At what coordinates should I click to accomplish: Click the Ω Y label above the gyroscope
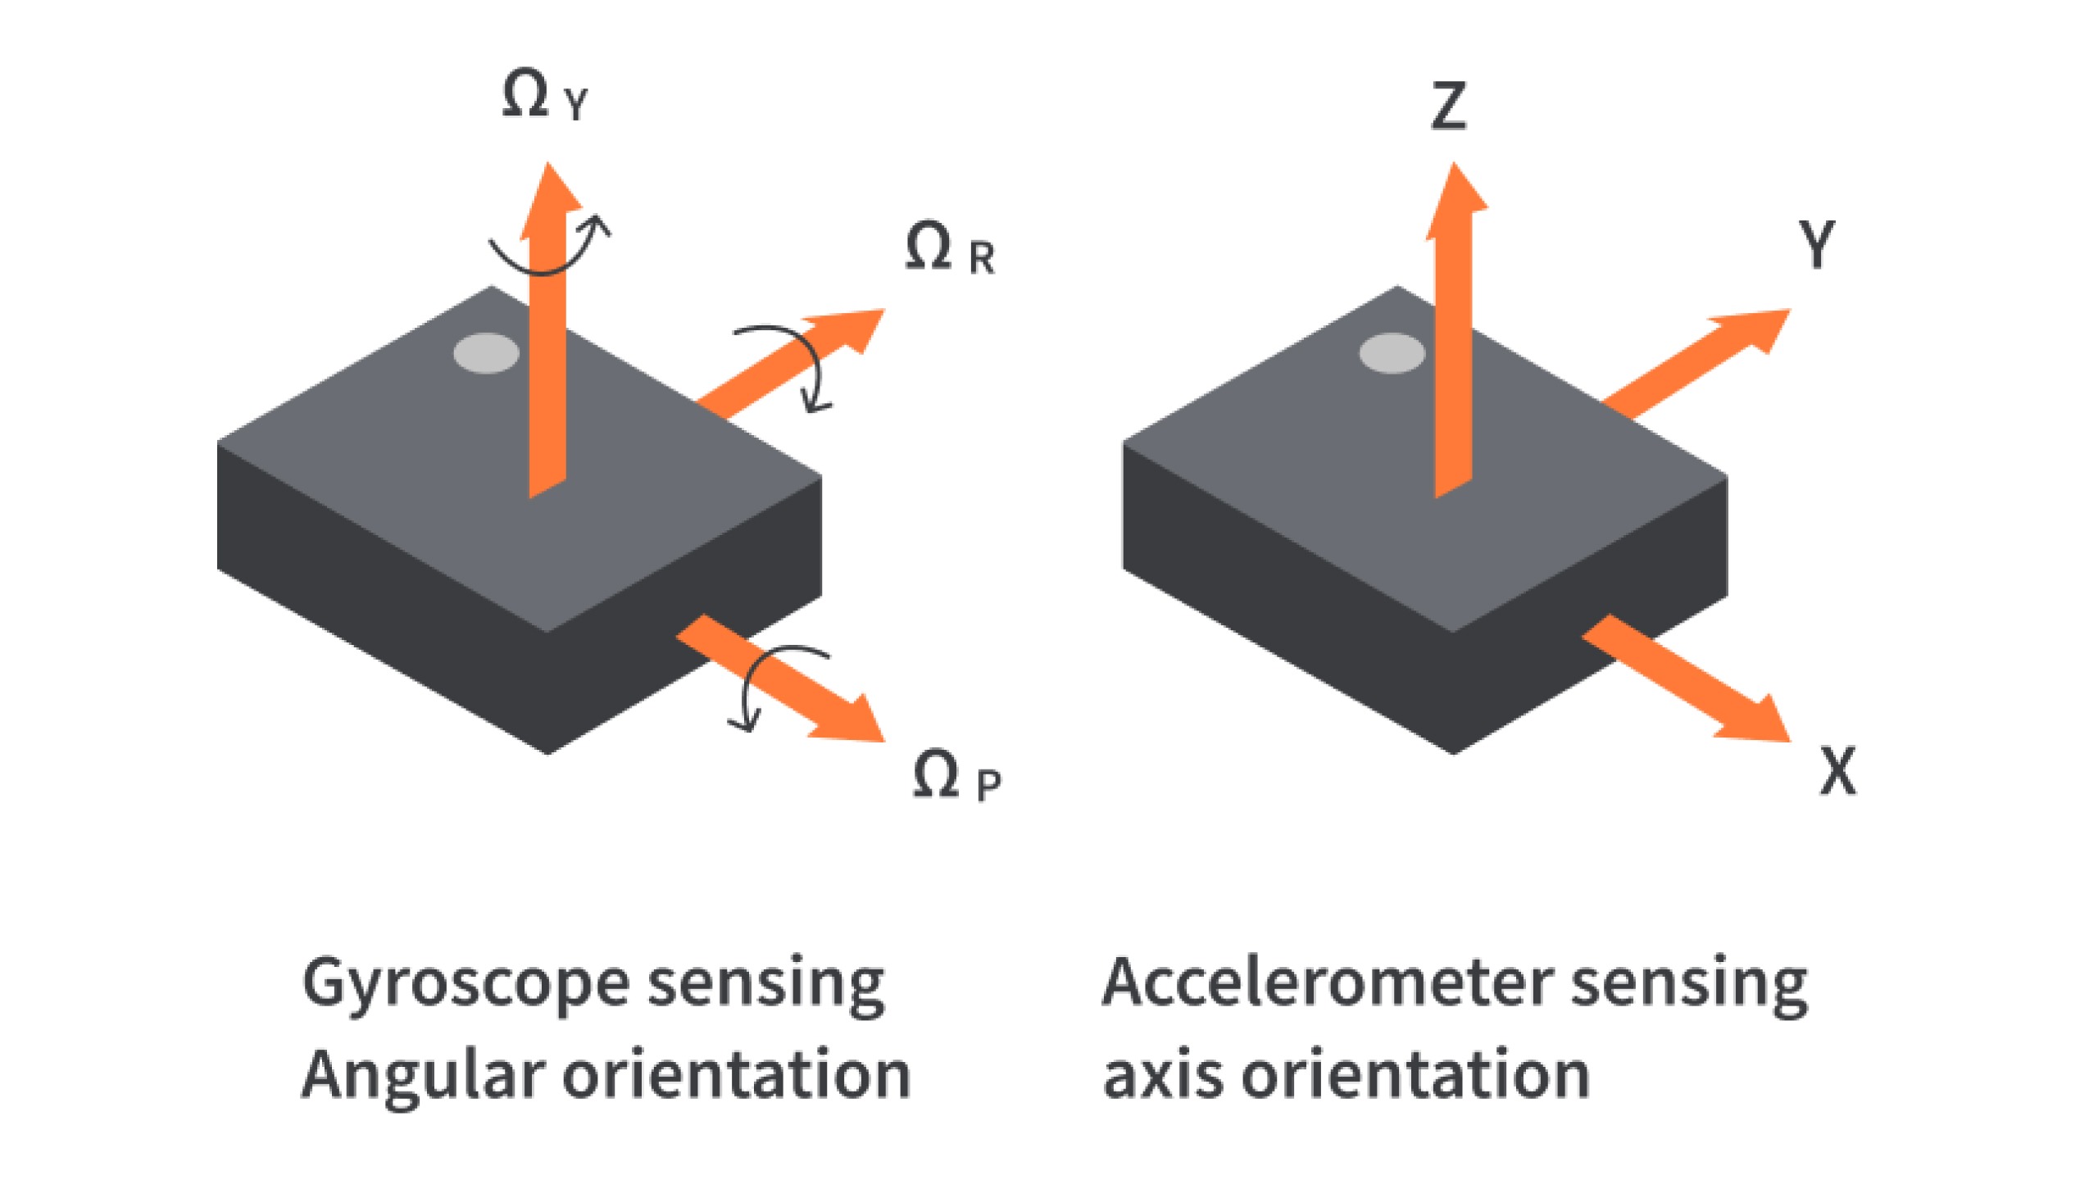pos(545,99)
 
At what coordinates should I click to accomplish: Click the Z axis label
pos(1448,107)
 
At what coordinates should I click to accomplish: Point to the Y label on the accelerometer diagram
pos(1816,244)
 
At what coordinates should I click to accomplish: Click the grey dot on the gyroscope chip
pos(486,353)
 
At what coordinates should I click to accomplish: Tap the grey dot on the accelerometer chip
pos(1392,353)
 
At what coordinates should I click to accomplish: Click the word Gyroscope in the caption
pos(465,984)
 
